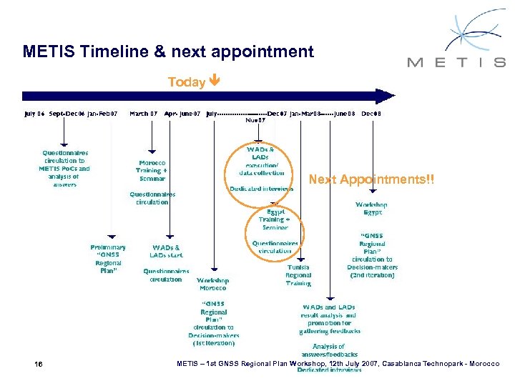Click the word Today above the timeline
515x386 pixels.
(186, 83)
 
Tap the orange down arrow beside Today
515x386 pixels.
(215, 82)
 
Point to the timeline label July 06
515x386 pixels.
(34, 113)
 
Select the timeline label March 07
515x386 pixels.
(144, 113)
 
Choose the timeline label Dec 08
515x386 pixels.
(371, 113)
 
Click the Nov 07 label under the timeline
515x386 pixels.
(255, 120)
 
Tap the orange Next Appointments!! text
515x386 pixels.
(371, 179)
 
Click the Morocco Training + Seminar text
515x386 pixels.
(152, 170)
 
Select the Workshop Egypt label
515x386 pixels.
(372, 208)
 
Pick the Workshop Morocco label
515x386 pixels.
(212, 284)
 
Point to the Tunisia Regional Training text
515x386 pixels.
(298, 275)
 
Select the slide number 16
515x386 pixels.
(38, 365)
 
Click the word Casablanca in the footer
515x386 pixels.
(406, 365)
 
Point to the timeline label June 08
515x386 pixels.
(343, 113)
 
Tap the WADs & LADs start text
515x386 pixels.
(166, 251)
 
